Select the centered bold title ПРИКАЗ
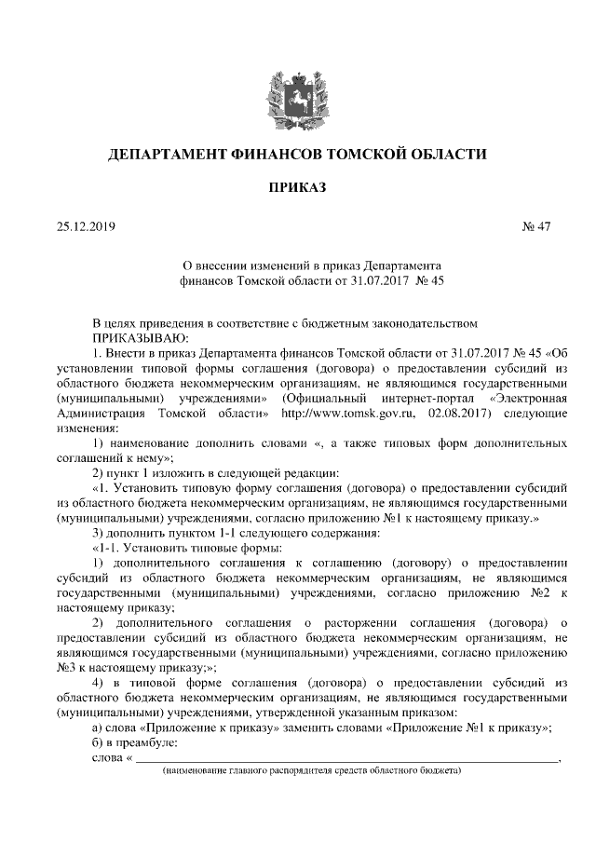298,187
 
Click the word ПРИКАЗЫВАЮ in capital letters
140,337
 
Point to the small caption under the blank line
311,772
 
